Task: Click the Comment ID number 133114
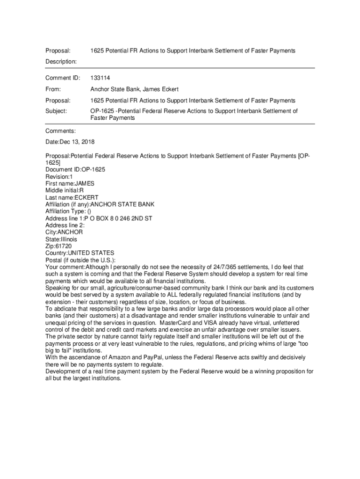coord(100,78)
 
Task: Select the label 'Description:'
coord(61,61)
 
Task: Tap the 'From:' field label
coord(53,89)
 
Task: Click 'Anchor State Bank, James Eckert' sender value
coord(134,89)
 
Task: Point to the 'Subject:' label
coord(56,111)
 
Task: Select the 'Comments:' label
coord(60,131)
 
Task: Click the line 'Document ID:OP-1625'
coord(75,169)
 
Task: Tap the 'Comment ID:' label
coord(63,78)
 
